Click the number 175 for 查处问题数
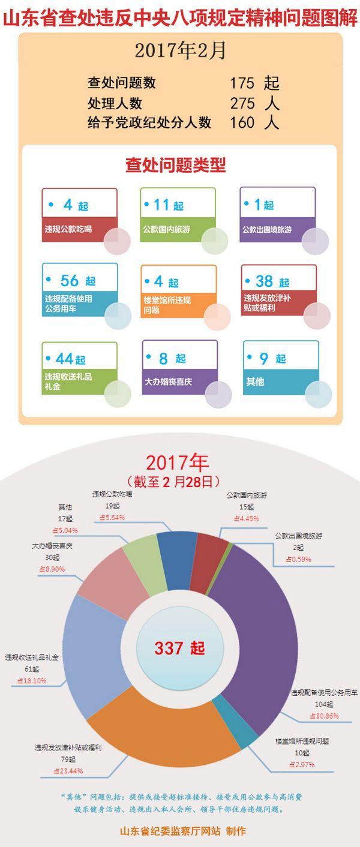[242, 83]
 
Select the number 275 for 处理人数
[242, 103]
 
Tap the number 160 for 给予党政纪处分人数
[242, 123]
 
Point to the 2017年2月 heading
[180, 51]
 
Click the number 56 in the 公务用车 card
[70, 280]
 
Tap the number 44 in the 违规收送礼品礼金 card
[64, 358]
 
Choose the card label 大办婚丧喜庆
[169, 381]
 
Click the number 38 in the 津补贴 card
[264, 281]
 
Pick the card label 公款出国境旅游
[267, 229]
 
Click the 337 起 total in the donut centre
[179, 648]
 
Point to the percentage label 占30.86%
[323, 716]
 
